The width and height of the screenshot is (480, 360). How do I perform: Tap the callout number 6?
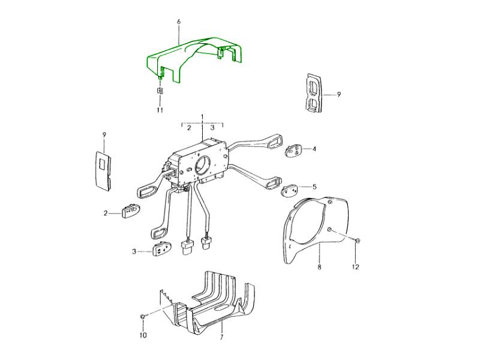179,22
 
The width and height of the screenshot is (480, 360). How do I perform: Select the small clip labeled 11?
160,91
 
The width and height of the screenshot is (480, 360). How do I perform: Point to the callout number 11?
160,110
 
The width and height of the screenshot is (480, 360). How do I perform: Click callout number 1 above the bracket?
202,116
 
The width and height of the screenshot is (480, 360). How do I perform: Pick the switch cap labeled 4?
293,151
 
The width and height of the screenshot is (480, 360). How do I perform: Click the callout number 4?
314,149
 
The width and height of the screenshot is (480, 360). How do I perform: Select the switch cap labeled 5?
289,191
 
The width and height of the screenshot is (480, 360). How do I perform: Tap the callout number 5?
314,187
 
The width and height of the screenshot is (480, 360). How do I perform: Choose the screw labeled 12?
357,241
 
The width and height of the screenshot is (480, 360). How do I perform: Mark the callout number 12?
355,267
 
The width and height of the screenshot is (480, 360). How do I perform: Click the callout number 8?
319,267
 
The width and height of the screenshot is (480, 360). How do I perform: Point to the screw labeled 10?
143,316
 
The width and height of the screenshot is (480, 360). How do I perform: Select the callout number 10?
143,335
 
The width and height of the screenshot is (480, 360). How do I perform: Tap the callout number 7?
221,337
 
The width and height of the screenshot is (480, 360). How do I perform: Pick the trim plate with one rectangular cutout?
103,170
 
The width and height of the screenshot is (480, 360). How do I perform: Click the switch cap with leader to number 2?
131,211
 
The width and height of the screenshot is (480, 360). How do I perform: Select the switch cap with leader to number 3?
161,248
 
